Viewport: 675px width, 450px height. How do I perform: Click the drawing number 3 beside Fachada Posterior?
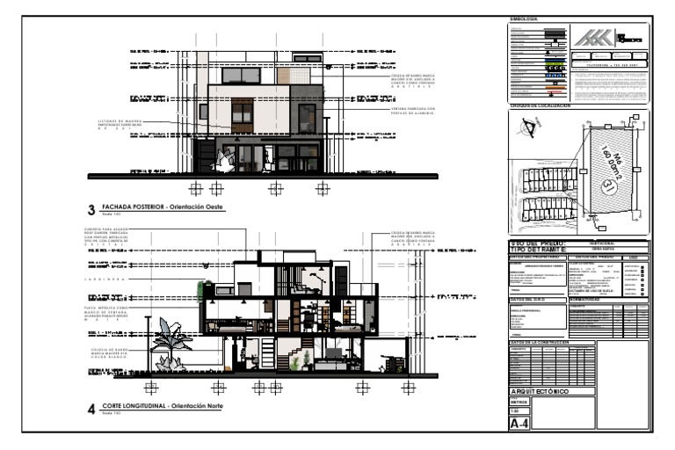pyautogui.click(x=91, y=209)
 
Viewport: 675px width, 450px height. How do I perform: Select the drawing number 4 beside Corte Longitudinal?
pyautogui.click(x=91, y=407)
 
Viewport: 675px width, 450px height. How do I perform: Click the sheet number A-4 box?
pyautogui.click(x=520, y=424)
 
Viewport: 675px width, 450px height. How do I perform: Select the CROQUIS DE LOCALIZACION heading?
pyautogui.click(x=541, y=105)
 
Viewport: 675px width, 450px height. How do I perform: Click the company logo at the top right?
pyautogui.click(x=606, y=39)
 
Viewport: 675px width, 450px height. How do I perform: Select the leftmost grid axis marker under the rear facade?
pyautogui.click(x=196, y=188)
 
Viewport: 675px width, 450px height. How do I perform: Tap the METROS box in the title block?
pyautogui.click(x=520, y=402)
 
